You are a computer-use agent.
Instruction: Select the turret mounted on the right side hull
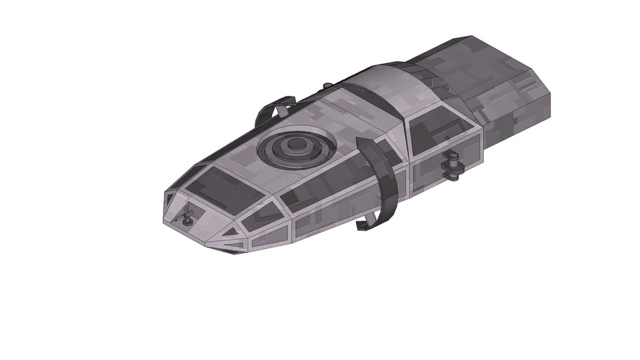(452, 164)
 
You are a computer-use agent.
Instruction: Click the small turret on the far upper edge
(328, 86)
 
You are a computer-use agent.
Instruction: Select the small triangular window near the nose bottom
(231, 231)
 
